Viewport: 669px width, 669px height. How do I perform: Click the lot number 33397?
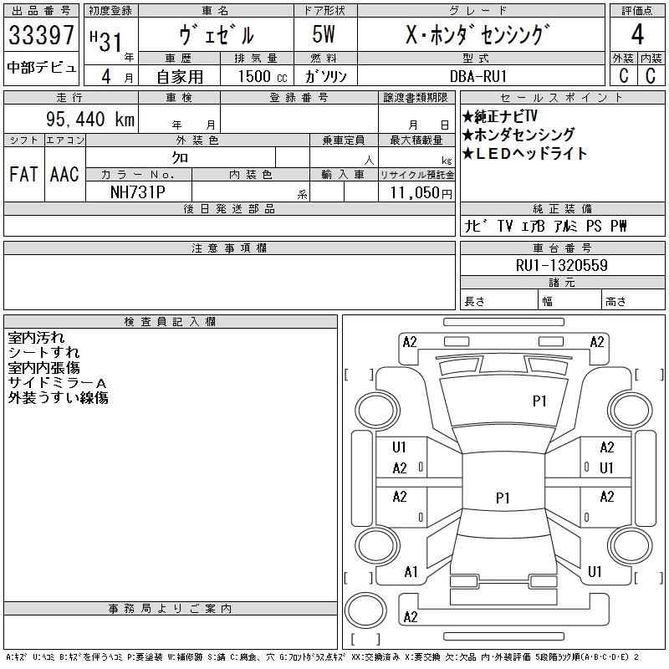pyautogui.click(x=41, y=34)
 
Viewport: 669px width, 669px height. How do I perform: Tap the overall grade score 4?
pyautogui.click(x=637, y=34)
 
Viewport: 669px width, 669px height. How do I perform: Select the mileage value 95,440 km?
pyautogui.click(x=90, y=119)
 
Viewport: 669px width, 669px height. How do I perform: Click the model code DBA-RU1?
pyautogui.click(x=477, y=76)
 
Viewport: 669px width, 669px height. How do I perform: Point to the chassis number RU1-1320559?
pyautogui.click(x=561, y=265)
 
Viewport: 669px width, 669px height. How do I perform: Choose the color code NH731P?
pyautogui.click(x=138, y=192)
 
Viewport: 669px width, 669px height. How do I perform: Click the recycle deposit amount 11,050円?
pyautogui.click(x=421, y=193)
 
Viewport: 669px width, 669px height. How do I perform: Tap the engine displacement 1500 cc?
pyautogui.click(x=263, y=76)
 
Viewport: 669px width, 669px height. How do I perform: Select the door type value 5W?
pyautogui.click(x=324, y=34)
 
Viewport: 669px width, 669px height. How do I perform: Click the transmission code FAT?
pyautogui.click(x=23, y=174)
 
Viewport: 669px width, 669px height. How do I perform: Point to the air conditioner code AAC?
pyautogui.click(x=64, y=174)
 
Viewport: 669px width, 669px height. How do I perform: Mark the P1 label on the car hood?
pyautogui.click(x=539, y=401)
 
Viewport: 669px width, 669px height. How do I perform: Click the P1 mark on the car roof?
pyautogui.click(x=503, y=498)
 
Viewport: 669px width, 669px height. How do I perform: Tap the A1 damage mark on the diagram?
pyautogui.click(x=411, y=572)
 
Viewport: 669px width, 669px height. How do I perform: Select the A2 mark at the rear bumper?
pyautogui.click(x=411, y=617)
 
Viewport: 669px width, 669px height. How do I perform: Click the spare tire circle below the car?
pyautogui.click(x=365, y=610)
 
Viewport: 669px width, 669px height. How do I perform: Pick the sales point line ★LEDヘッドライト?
pyautogui.click(x=525, y=154)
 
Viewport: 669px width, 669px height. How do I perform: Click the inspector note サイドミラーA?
pyautogui.click(x=57, y=383)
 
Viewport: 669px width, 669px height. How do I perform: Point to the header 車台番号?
pyautogui.click(x=562, y=248)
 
